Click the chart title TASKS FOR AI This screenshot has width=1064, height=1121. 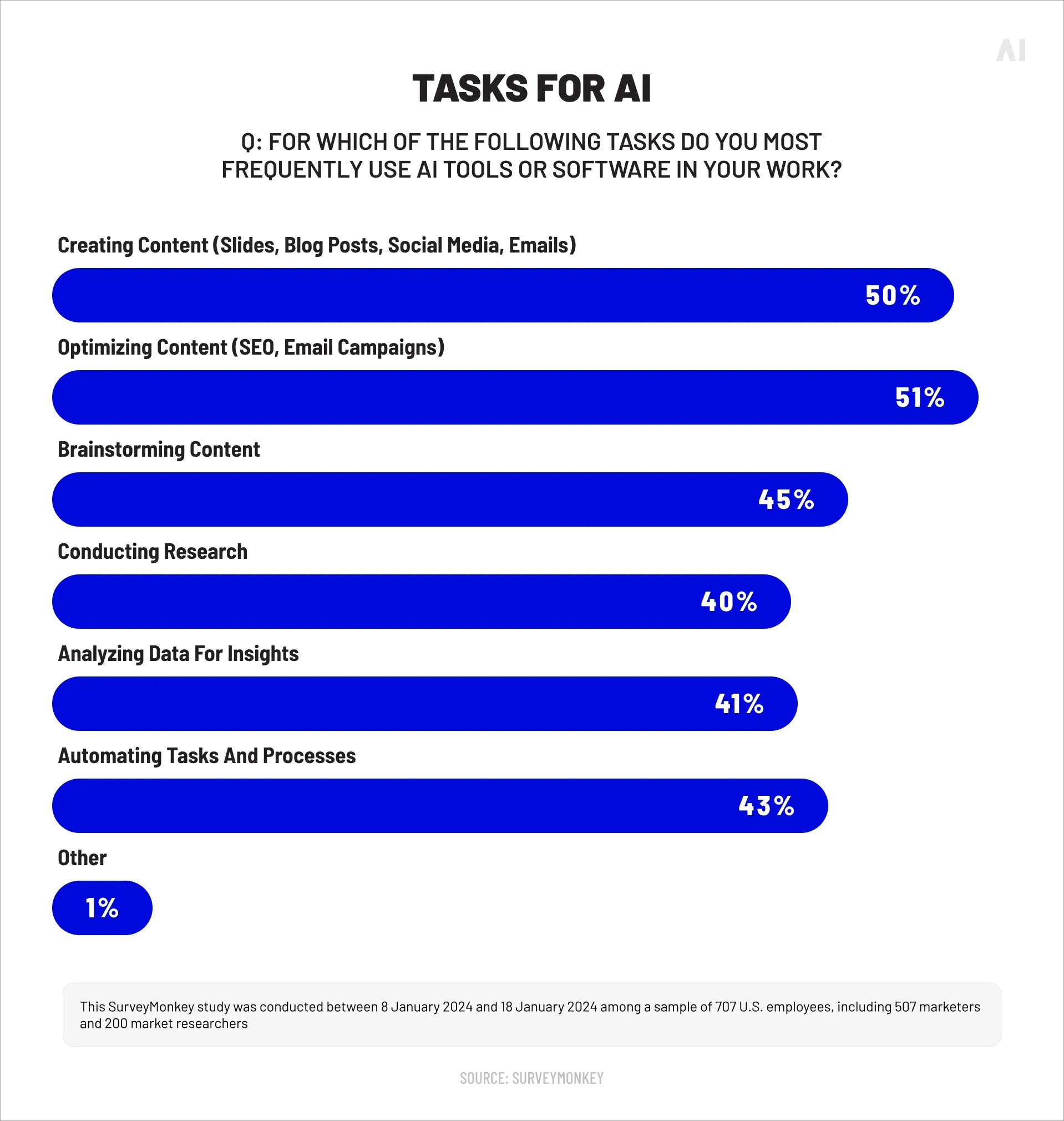tap(531, 89)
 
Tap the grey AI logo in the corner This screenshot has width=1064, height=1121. tap(1011, 51)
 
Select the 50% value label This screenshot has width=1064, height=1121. tap(893, 296)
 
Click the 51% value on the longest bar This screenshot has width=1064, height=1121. tap(919, 398)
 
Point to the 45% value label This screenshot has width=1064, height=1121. tap(786, 500)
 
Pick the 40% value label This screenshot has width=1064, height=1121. tap(729, 602)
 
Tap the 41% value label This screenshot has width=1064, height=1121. tap(739, 704)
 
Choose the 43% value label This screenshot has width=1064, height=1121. tap(766, 806)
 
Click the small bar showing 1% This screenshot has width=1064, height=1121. tap(102, 908)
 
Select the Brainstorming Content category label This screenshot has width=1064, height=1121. tap(159, 450)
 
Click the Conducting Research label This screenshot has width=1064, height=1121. tap(153, 552)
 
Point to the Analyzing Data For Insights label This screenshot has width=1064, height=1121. tap(178, 654)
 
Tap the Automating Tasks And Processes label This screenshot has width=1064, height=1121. tap(206, 756)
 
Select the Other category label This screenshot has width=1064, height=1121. tap(82, 859)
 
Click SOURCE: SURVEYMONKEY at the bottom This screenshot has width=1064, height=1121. tap(531, 1078)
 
